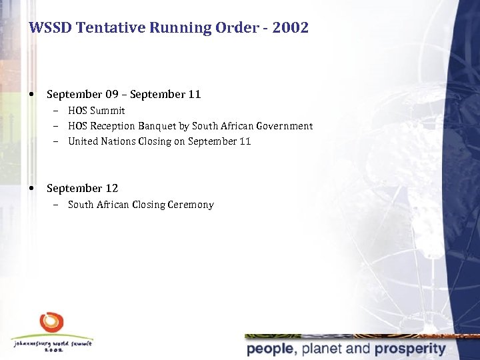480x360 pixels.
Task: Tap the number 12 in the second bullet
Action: (111, 189)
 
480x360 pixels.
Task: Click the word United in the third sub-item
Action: (83, 141)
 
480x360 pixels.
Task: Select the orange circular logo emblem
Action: (51, 324)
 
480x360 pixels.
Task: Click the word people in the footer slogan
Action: (270, 349)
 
